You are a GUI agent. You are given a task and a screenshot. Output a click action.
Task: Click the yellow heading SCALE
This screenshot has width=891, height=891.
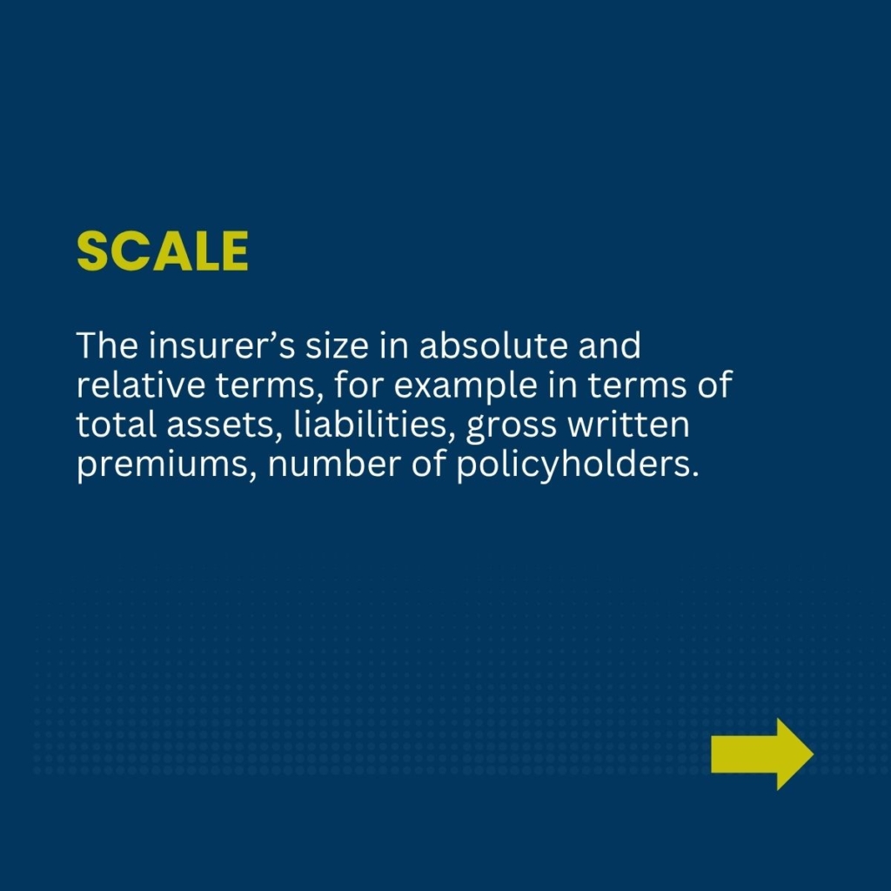coord(163,251)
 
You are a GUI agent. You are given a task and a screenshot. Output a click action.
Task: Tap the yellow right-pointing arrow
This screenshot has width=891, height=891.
coord(762,754)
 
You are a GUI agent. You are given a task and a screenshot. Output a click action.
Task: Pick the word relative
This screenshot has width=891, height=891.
coord(140,385)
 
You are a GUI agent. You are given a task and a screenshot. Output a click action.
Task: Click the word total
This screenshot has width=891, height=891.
coord(117,425)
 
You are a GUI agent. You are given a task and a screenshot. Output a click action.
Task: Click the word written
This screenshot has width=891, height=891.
coord(628,425)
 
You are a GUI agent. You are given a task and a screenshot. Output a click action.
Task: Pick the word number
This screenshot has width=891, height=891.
coord(334,464)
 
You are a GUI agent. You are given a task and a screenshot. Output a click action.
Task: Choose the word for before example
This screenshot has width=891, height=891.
coord(358,385)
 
